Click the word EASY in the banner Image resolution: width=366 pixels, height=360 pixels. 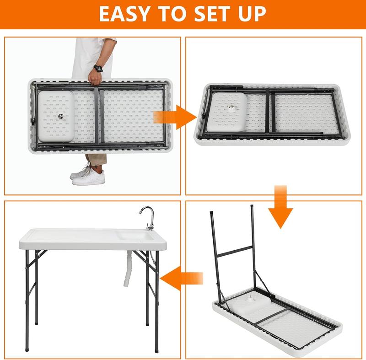[124, 14]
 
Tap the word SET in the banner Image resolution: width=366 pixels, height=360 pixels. [212, 14]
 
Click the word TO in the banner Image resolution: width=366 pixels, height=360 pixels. [171, 14]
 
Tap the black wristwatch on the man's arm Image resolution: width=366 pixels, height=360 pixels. [98, 68]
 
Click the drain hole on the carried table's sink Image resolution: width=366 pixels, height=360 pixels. [61, 117]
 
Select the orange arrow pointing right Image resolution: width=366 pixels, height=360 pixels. [175, 117]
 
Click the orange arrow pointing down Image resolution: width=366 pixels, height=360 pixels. [280, 206]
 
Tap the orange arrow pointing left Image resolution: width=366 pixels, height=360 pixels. [181, 278]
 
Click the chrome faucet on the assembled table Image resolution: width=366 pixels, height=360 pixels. [148, 217]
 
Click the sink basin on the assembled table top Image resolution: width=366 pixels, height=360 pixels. [135, 236]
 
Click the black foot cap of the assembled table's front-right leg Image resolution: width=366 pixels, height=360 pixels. [156, 351]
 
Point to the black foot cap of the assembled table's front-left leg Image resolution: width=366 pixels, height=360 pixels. [27, 349]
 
